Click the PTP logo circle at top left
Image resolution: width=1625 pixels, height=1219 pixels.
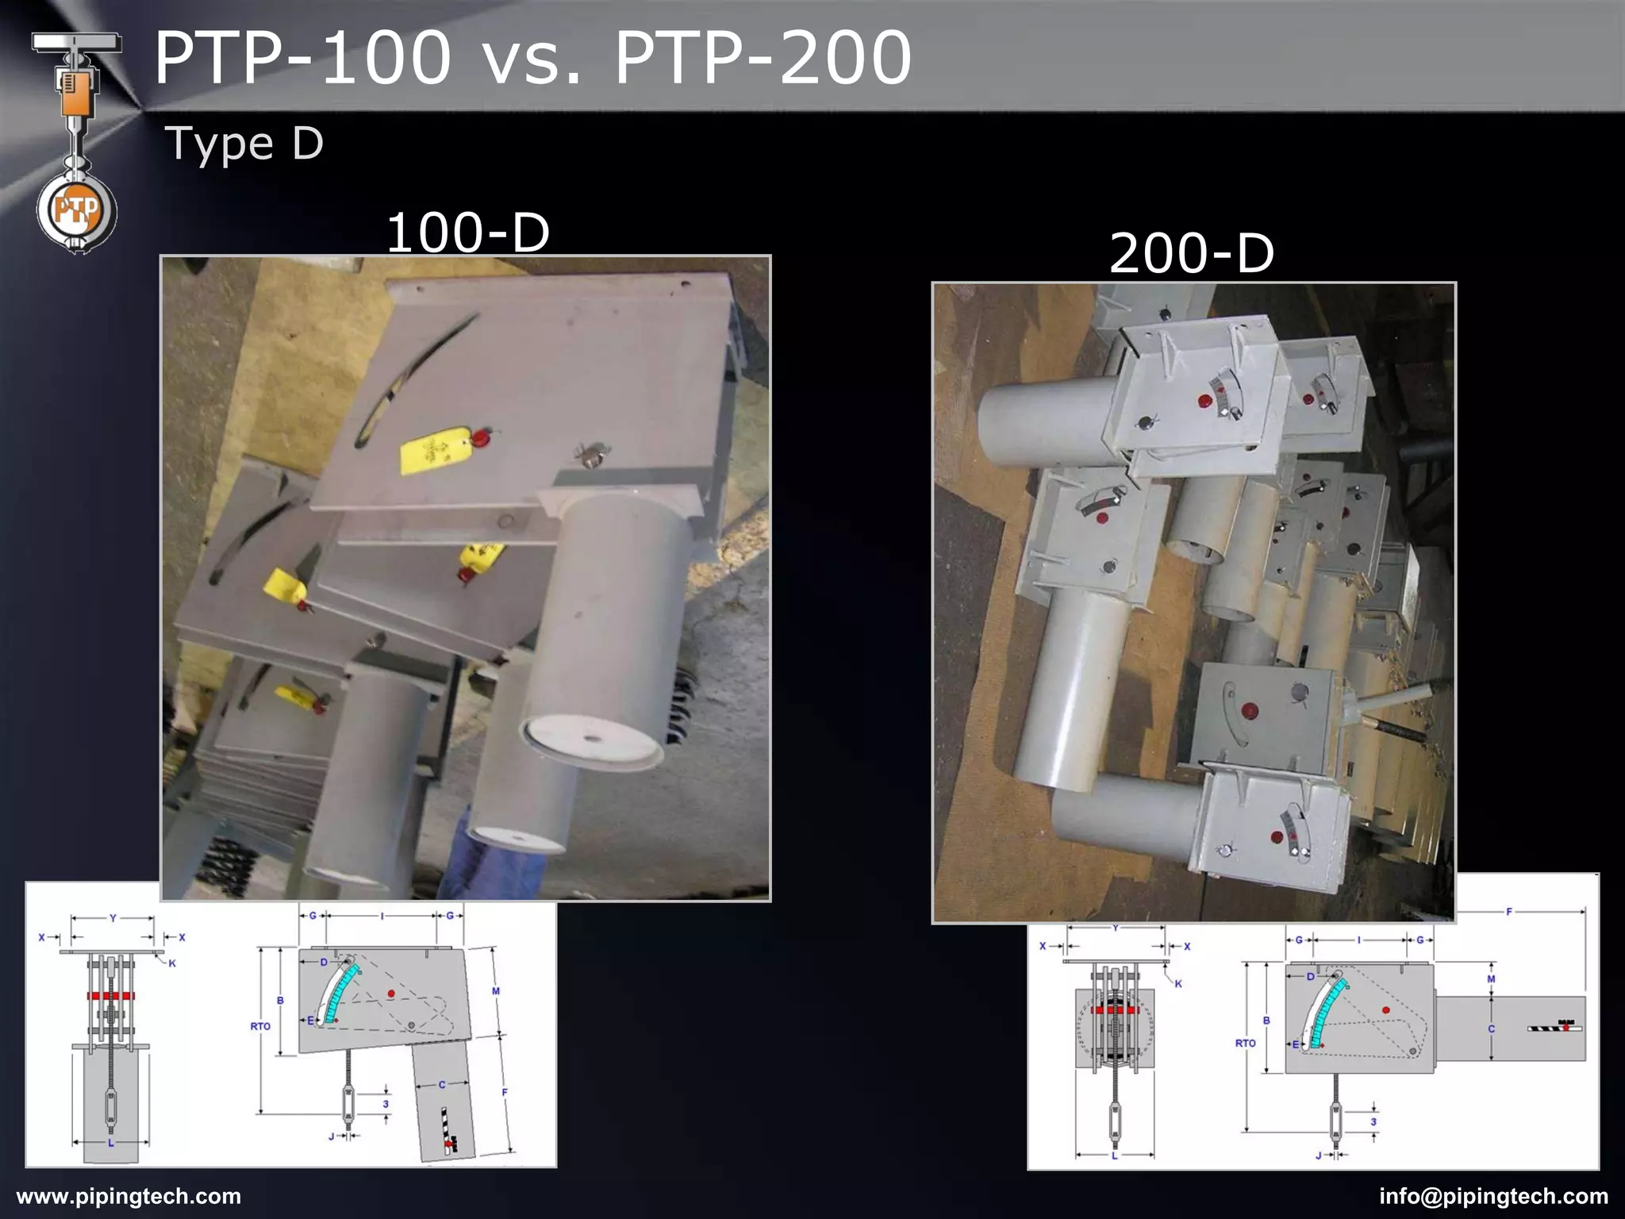coord(76,211)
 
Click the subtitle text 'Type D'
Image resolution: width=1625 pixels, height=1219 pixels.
coord(244,144)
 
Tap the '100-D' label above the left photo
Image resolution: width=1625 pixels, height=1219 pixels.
coord(467,233)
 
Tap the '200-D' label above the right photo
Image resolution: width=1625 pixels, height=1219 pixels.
coord(1191,253)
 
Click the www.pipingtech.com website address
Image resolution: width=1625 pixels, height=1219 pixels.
coord(129,1196)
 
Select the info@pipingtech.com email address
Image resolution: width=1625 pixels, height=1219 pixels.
coord(1493,1196)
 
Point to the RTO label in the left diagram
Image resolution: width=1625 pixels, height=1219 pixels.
coord(260,1026)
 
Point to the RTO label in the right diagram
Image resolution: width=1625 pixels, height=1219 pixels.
coord(1245,1043)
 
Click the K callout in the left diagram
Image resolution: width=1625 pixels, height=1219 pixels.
coord(172,963)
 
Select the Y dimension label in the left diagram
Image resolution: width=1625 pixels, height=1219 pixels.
coord(113,918)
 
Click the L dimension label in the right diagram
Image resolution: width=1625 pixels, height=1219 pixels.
coord(1114,1156)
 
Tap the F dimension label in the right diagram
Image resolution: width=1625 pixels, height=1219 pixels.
coord(1509,912)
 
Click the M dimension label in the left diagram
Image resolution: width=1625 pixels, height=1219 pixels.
coord(496,990)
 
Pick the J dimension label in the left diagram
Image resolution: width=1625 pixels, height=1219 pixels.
coord(332,1136)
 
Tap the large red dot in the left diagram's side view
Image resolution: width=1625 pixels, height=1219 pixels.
coord(391,993)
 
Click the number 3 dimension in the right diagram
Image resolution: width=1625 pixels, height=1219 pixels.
coord(1373,1121)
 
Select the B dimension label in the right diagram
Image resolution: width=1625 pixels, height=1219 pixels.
coord(1266,1021)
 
